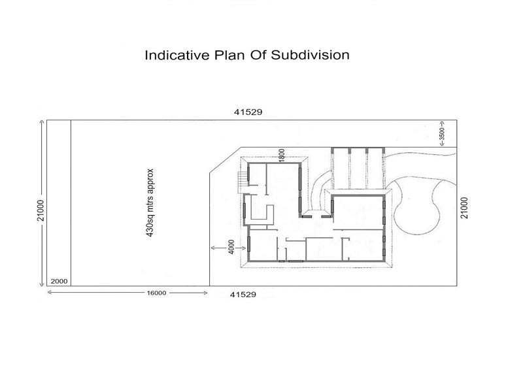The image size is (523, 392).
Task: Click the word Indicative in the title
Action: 172,55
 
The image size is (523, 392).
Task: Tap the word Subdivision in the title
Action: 311,55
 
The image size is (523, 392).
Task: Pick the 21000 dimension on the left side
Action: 40,210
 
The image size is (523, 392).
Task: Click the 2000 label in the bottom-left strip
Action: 59,281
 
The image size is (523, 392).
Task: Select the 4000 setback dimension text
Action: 231,249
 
